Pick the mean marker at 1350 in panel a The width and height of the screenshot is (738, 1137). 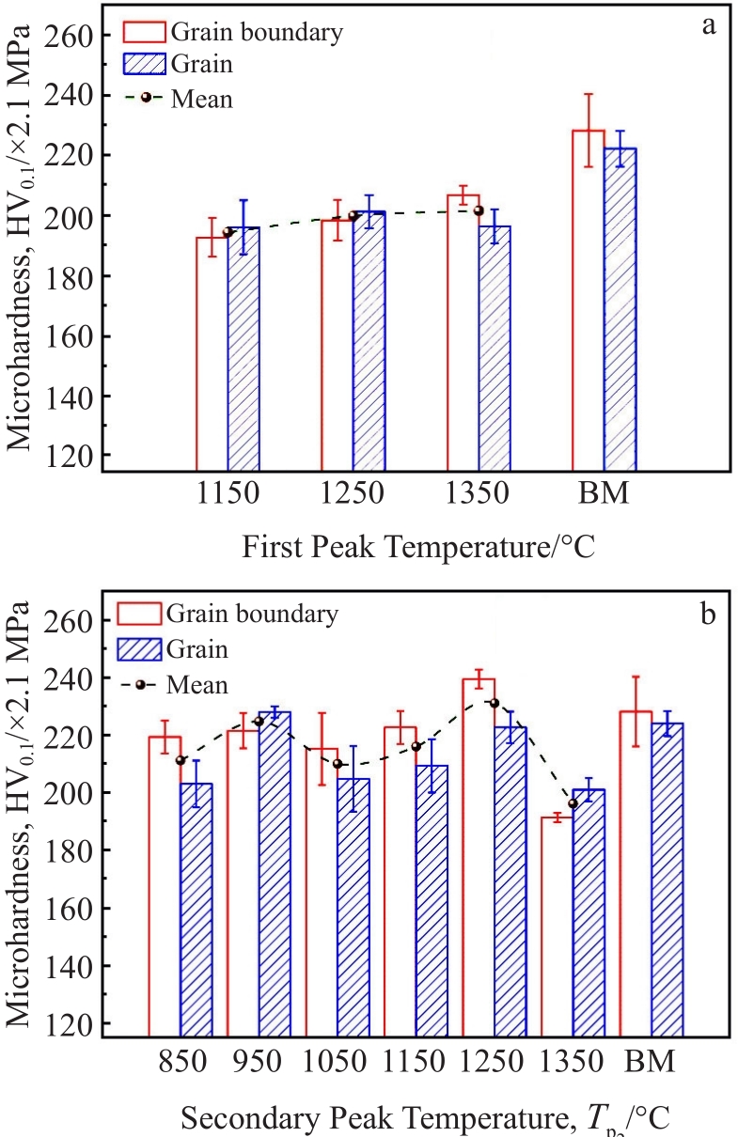(x=479, y=210)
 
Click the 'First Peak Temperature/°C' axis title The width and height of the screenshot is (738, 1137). (x=418, y=545)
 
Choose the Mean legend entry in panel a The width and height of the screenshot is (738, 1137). (x=201, y=98)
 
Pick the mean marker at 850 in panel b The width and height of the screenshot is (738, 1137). (x=181, y=760)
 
